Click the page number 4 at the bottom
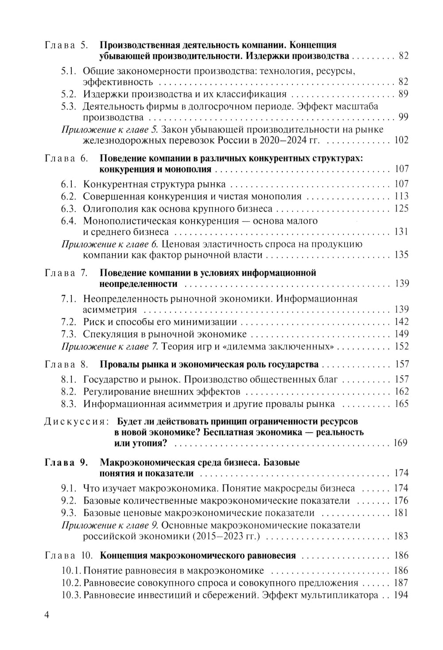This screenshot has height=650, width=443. (47, 617)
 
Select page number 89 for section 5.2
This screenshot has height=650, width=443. (403, 94)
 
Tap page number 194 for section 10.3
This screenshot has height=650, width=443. (400, 595)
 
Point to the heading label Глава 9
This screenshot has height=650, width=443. (67, 462)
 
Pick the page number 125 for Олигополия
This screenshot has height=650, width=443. (400, 209)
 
